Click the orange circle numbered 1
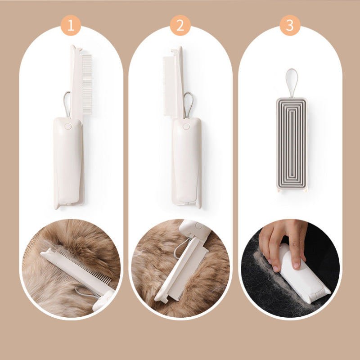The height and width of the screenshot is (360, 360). pyautogui.click(x=71, y=25)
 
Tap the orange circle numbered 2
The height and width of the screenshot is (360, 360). pyautogui.click(x=180, y=25)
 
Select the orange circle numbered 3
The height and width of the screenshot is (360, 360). pyautogui.click(x=290, y=25)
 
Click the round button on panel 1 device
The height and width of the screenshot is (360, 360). pyautogui.click(x=68, y=126)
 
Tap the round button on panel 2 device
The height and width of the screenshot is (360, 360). pyautogui.click(x=186, y=126)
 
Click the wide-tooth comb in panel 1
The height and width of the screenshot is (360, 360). pyautogui.click(x=87, y=85)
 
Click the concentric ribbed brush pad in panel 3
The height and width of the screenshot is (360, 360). pyautogui.click(x=292, y=143)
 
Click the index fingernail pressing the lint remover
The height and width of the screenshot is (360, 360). pyautogui.click(x=296, y=265)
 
